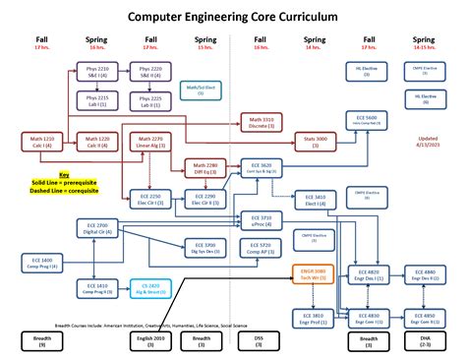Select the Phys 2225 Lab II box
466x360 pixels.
tap(149, 101)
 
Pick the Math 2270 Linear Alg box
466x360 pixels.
tap(149, 143)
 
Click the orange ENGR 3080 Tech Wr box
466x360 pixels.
tap(315, 274)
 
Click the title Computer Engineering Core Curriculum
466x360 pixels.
tap(233, 17)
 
